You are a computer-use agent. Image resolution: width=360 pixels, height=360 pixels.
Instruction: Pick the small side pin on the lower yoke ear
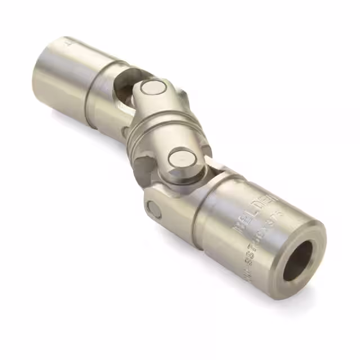tap(152, 209)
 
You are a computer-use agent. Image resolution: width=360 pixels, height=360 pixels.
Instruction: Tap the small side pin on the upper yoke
tap(125, 133)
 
